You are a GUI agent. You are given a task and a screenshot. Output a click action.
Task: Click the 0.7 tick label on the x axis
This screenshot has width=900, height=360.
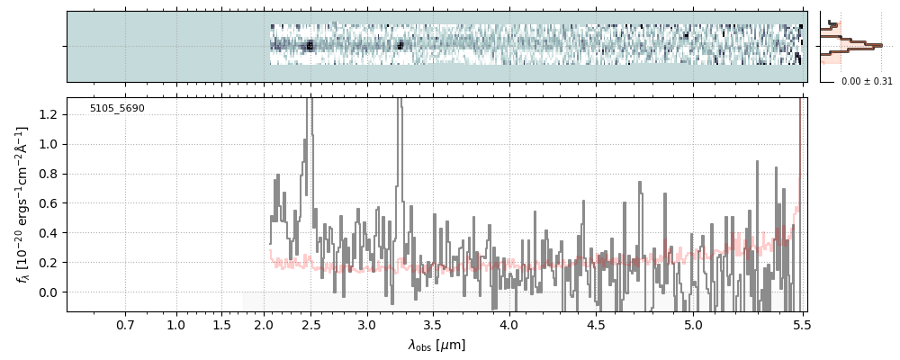coord(125,324)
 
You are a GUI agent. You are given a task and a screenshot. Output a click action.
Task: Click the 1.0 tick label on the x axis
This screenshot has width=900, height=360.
coord(176,324)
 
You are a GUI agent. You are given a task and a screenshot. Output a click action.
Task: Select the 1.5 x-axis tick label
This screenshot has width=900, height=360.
coord(221,324)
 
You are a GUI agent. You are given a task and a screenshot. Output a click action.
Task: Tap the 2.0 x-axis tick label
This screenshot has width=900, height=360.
coord(264,324)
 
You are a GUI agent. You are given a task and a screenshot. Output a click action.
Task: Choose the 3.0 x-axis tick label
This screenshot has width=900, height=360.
coord(367,324)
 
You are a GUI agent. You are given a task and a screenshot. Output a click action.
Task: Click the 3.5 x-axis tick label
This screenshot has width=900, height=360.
coord(434,324)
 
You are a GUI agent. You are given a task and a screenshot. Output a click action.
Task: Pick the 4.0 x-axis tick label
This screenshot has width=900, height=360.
coord(508,324)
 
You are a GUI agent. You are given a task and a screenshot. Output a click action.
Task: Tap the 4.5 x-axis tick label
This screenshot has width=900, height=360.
coord(595,324)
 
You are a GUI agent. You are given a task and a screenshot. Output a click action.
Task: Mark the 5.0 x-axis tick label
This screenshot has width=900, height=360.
coord(693,324)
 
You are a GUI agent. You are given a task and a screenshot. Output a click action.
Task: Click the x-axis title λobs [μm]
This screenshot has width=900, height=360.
coord(436,345)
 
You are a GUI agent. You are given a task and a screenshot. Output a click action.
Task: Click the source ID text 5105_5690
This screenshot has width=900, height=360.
coord(117,109)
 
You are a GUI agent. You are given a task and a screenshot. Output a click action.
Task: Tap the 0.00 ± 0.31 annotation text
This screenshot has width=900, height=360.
coord(867,82)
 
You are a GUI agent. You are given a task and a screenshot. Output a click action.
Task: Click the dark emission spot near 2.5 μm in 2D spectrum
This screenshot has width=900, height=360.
coord(310,45)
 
